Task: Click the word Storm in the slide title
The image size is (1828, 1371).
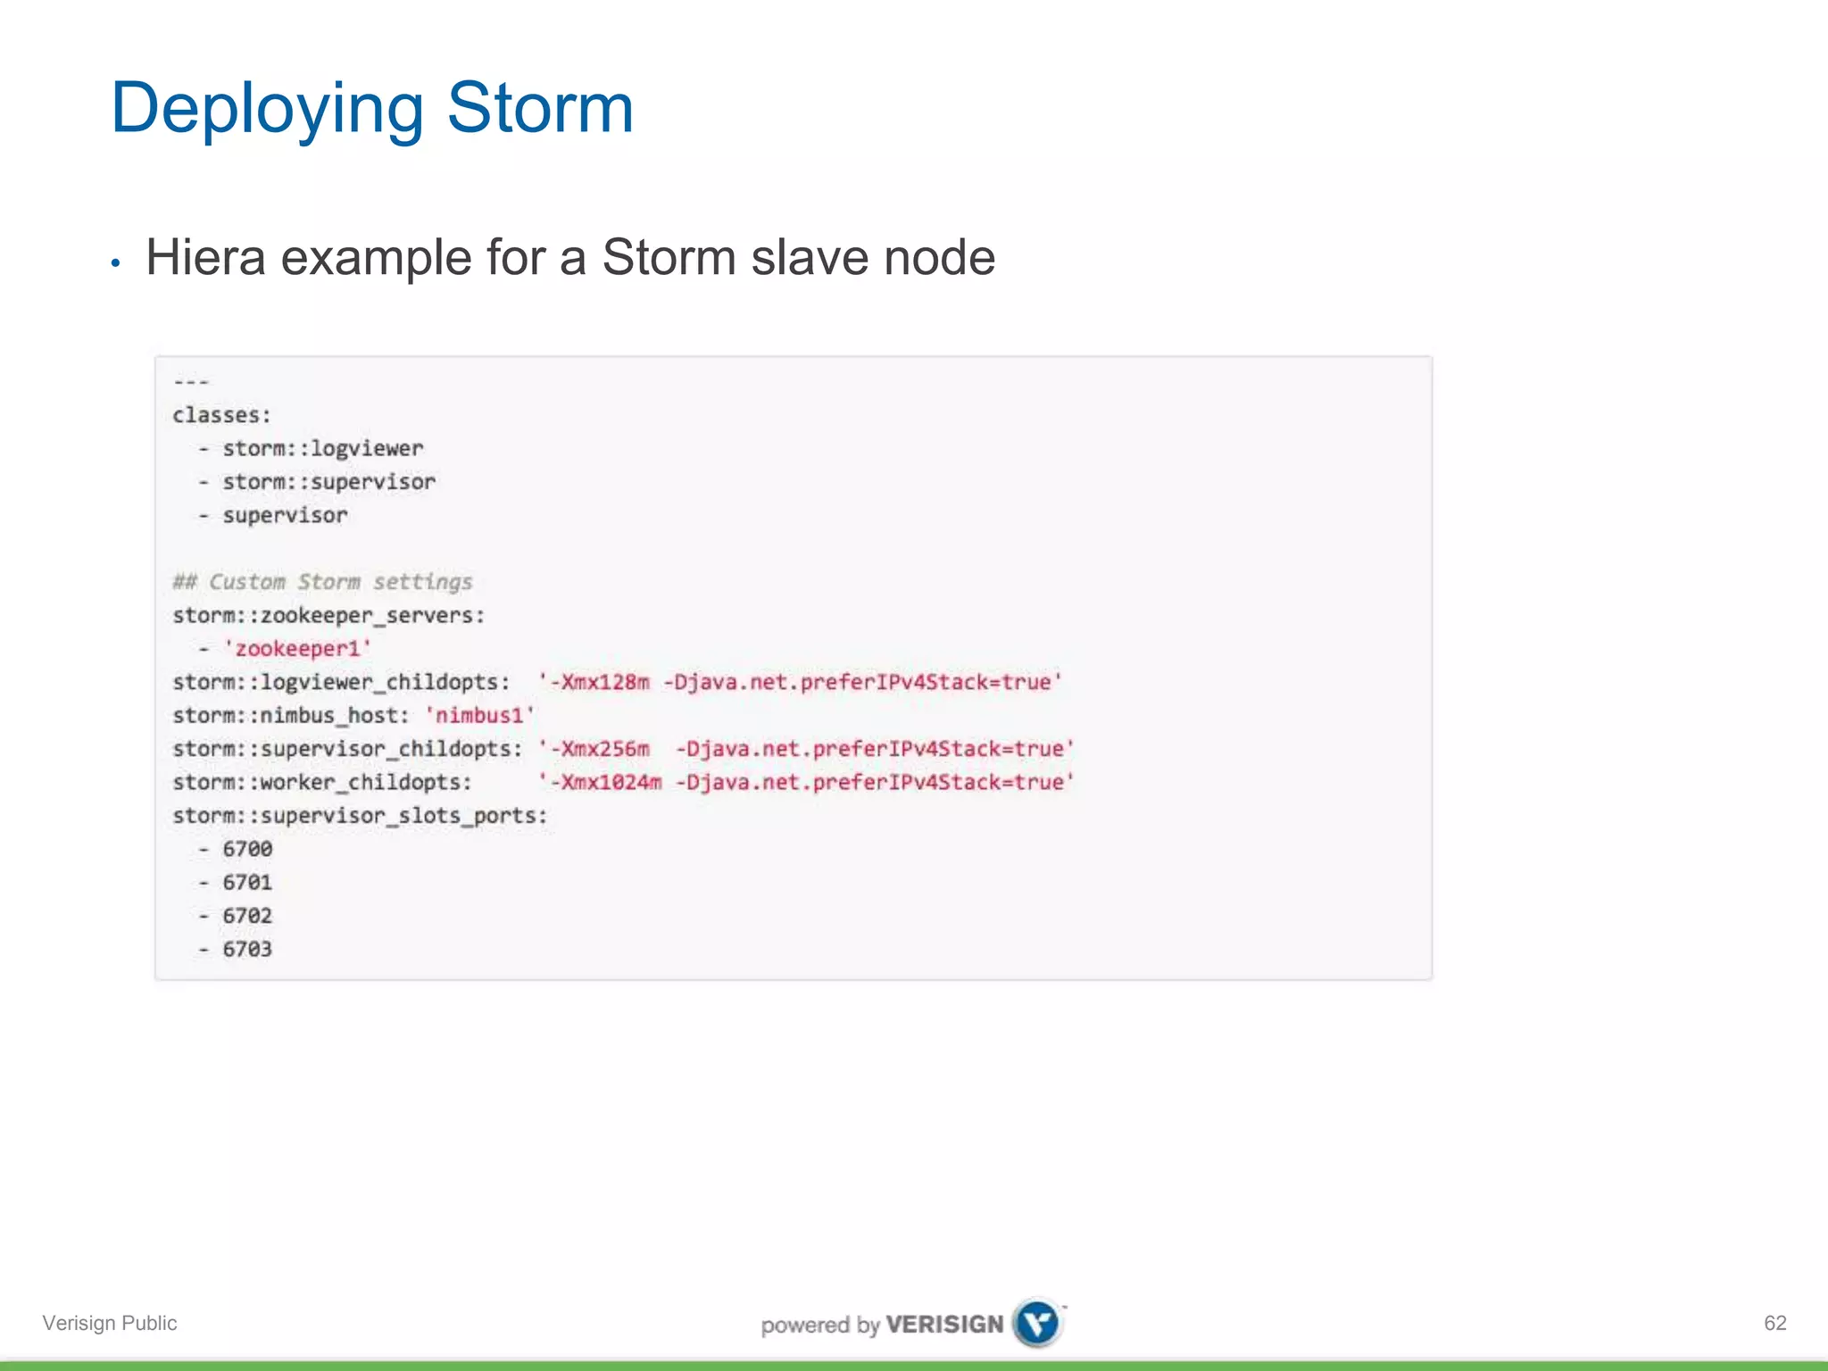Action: pos(540,109)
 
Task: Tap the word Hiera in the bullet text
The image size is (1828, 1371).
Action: pos(205,258)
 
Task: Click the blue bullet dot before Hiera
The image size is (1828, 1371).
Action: pos(115,263)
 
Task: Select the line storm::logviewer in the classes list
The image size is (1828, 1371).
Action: pos(322,448)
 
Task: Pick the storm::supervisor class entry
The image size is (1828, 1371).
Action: pos(328,482)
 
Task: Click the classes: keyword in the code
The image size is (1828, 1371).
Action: pos(221,415)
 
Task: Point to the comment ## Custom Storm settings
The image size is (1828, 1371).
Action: pos(322,582)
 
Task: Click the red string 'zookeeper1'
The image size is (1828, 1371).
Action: pos(297,649)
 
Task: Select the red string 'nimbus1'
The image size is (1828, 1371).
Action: pos(479,716)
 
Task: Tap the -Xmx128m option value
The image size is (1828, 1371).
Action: pos(599,683)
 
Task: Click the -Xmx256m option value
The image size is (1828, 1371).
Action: pos(599,749)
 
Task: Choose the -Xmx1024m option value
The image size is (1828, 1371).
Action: pos(605,783)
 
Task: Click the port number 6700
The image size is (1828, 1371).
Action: pos(247,849)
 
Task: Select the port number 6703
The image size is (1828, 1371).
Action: pos(247,949)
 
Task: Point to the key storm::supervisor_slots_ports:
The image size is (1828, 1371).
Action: pos(360,816)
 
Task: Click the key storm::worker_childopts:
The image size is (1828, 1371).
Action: pos(322,783)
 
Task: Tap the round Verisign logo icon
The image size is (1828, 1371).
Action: pos(1038,1323)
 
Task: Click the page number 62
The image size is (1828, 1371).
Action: pos(1774,1323)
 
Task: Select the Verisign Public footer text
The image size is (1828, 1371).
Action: pos(110,1323)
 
